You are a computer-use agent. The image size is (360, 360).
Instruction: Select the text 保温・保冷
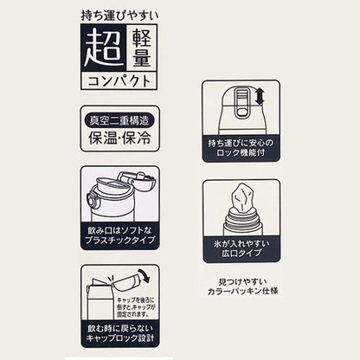coord(119,138)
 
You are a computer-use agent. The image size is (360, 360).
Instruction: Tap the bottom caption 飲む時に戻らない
coord(120,331)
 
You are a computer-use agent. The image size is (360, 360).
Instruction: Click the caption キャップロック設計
coord(120,344)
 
